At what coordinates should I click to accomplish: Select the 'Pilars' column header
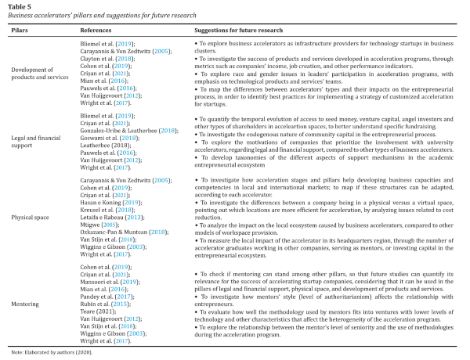coord(21,30)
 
